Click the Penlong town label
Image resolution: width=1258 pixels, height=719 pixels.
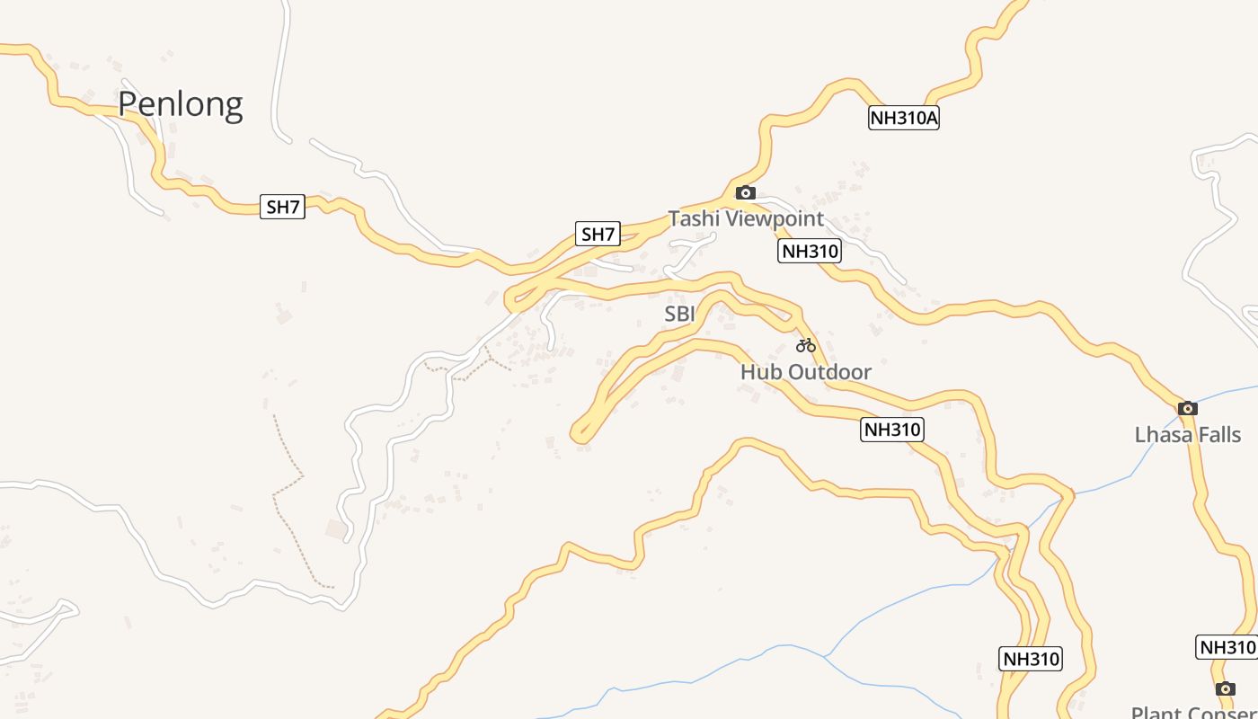coord(181,104)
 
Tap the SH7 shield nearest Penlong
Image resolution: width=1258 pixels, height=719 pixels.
coord(282,207)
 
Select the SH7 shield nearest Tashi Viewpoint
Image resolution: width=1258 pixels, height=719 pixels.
coord(598,235)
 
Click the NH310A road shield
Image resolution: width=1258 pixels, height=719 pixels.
coord(903,118)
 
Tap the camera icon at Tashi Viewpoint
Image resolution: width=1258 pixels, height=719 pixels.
coord(745,192)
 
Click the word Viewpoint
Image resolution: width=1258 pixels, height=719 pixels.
coord(774,218)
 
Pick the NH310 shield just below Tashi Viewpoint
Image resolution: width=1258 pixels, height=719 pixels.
coord(810,251)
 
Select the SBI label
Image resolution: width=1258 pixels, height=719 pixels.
coord(679,314)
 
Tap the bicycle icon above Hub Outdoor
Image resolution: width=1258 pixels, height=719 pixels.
coord(805,345)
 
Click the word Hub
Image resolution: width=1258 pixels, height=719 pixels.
coord(759,371)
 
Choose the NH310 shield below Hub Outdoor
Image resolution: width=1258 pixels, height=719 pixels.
coord(892,430)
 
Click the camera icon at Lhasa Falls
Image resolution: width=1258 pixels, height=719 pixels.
coord(1188,408)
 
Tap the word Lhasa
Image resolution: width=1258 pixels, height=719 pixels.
coord(1161,435)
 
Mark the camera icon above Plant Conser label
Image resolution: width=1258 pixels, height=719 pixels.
coord(1226,688)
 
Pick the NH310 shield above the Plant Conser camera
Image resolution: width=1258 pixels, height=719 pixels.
coord(1226,647)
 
